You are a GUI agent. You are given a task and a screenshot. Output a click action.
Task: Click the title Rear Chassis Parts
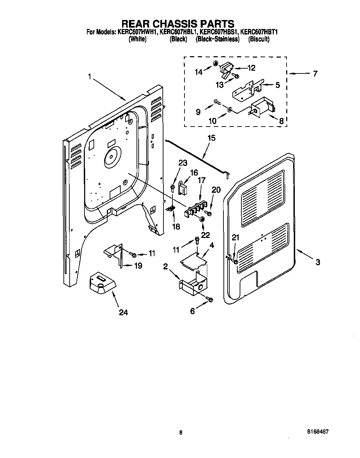coord(178,23)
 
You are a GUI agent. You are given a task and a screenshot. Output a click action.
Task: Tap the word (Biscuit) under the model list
coord(259,39)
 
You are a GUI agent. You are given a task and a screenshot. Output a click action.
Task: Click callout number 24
coord(123,312)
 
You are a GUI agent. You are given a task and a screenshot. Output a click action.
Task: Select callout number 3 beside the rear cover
coord(317,262)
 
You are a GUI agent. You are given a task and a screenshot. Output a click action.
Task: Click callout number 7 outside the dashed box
coord(314,73)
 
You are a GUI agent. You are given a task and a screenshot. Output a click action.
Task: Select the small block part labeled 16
coord(183,188)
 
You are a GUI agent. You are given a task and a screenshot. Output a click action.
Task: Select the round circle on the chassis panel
coord(111,158)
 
